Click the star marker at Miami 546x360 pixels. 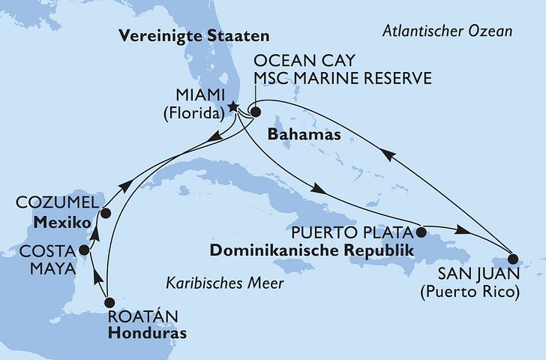pyautogui.click(x=233, y=106)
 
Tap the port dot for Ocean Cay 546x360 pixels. pyautogui.click(x=255, y=113)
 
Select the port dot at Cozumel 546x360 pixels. pyautogui.click(x=106, y=213)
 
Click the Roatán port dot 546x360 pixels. pyautogui.click(x=109, y=303)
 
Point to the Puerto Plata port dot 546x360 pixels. pyautogui.click(x=421, y=231)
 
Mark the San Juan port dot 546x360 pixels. pyautogui.click(x=513, y=257)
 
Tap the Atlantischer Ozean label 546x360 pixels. pyautogui.click(x=447, y=31)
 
